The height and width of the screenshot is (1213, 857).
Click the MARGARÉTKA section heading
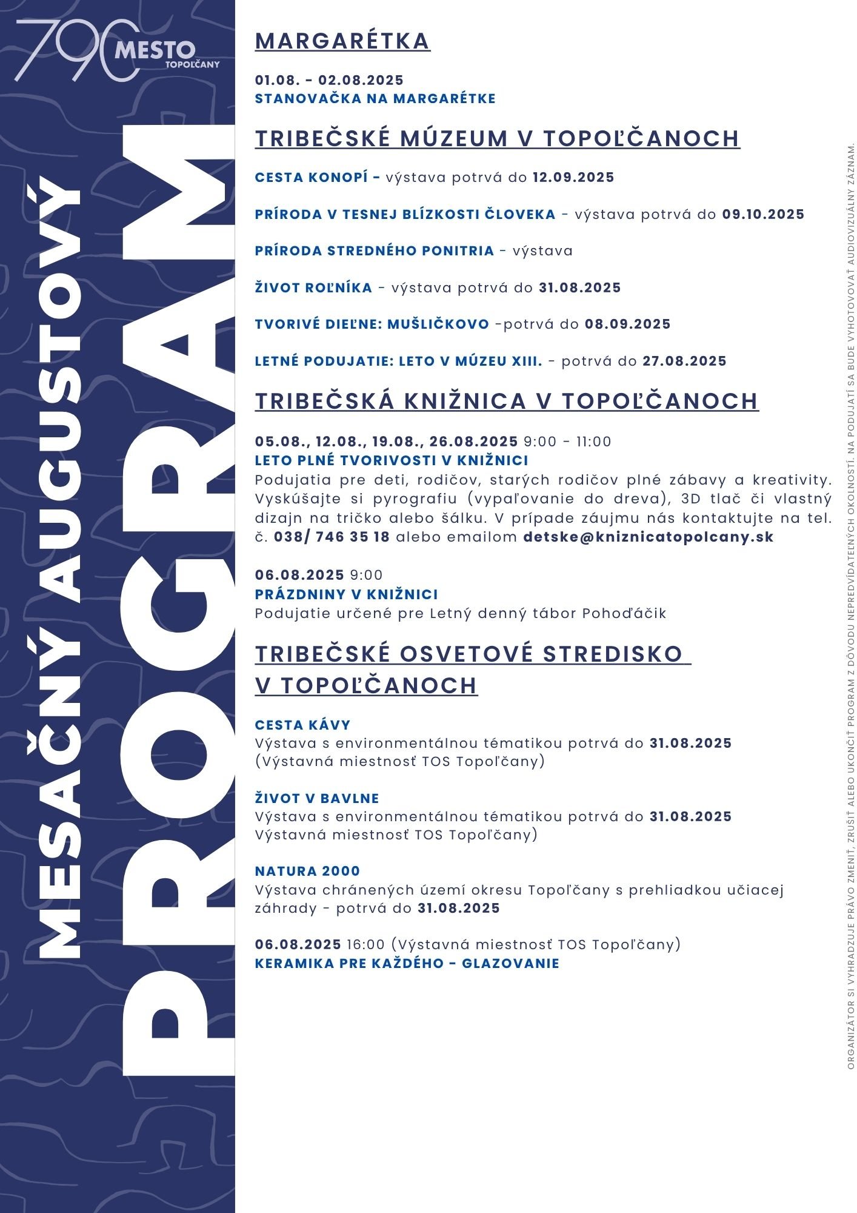coord(342,41)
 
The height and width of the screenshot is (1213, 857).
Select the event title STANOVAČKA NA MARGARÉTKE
coord(375,99)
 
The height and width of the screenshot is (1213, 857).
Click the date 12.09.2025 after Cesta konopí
coord(573,178)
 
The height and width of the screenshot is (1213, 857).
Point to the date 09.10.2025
coord(763,215)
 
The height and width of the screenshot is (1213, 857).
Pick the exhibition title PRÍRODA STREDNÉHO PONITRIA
coord(375,251)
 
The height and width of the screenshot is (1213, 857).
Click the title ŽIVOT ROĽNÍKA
coord(313,288)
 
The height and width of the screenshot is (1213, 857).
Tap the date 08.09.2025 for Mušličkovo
coord(627,324)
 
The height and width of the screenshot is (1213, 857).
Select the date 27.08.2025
coord(684,361)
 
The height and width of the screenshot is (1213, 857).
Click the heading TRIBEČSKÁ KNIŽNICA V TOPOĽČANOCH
coord(507,402)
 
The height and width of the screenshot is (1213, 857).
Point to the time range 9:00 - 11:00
coord(567,442)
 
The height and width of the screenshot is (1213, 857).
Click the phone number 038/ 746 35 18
coord(332,537)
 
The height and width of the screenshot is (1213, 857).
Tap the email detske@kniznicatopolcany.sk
coord(648,537)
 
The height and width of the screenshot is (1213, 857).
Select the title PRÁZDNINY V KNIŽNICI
coord(346,594)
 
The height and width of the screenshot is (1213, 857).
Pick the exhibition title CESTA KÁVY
coord(302,725)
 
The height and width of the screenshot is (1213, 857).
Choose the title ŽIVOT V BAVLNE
coord(317,799)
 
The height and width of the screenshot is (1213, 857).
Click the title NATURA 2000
coord(307,872)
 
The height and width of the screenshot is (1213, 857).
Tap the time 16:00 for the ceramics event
coord(365,944)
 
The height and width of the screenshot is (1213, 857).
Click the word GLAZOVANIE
coord(510,964)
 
